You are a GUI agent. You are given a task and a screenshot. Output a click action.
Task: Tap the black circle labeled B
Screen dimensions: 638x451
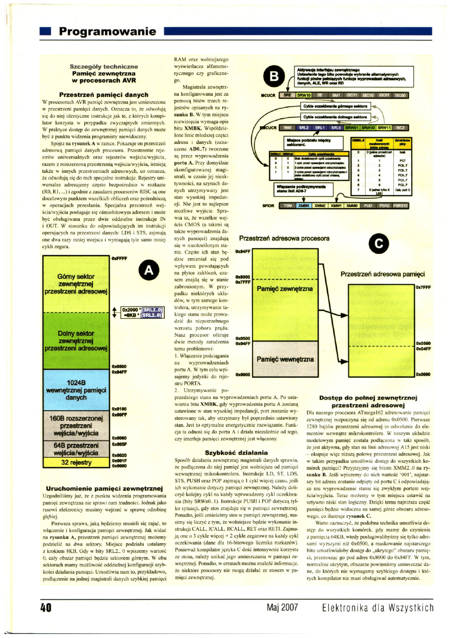pos(274,78)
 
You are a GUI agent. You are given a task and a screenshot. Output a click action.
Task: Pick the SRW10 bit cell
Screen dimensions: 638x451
pos(304,94)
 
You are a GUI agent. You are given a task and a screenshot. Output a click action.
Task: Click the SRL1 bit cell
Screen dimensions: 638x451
pos(320,128)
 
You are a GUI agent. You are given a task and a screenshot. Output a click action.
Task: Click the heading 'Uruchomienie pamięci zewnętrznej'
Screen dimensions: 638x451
pos(104,488)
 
